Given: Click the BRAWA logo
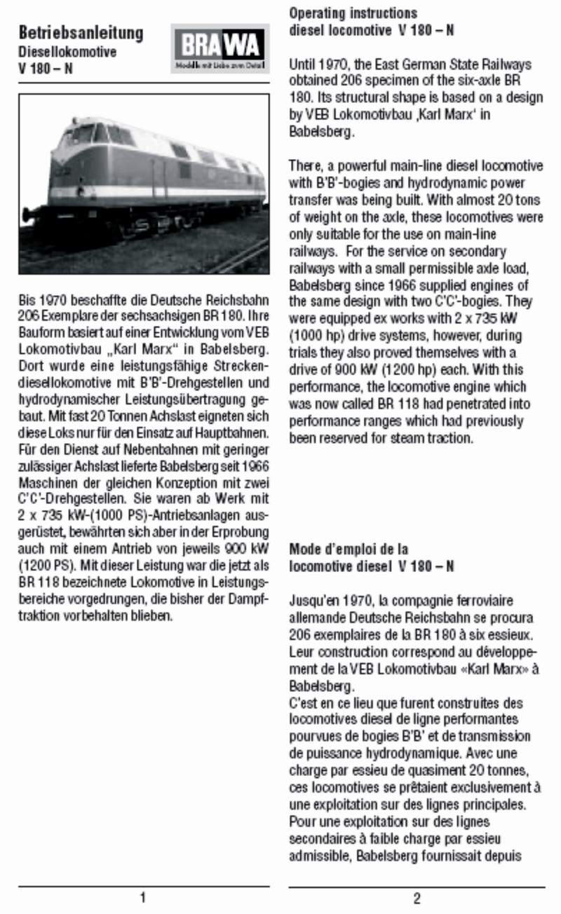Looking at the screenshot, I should [x=219, y=48].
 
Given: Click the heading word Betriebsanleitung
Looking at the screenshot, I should [x=81, y=33].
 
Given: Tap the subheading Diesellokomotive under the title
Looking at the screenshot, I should [x=67, y=53].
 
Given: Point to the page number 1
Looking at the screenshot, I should [x=143, y=898].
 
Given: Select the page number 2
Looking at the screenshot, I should [x=416, y=899].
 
